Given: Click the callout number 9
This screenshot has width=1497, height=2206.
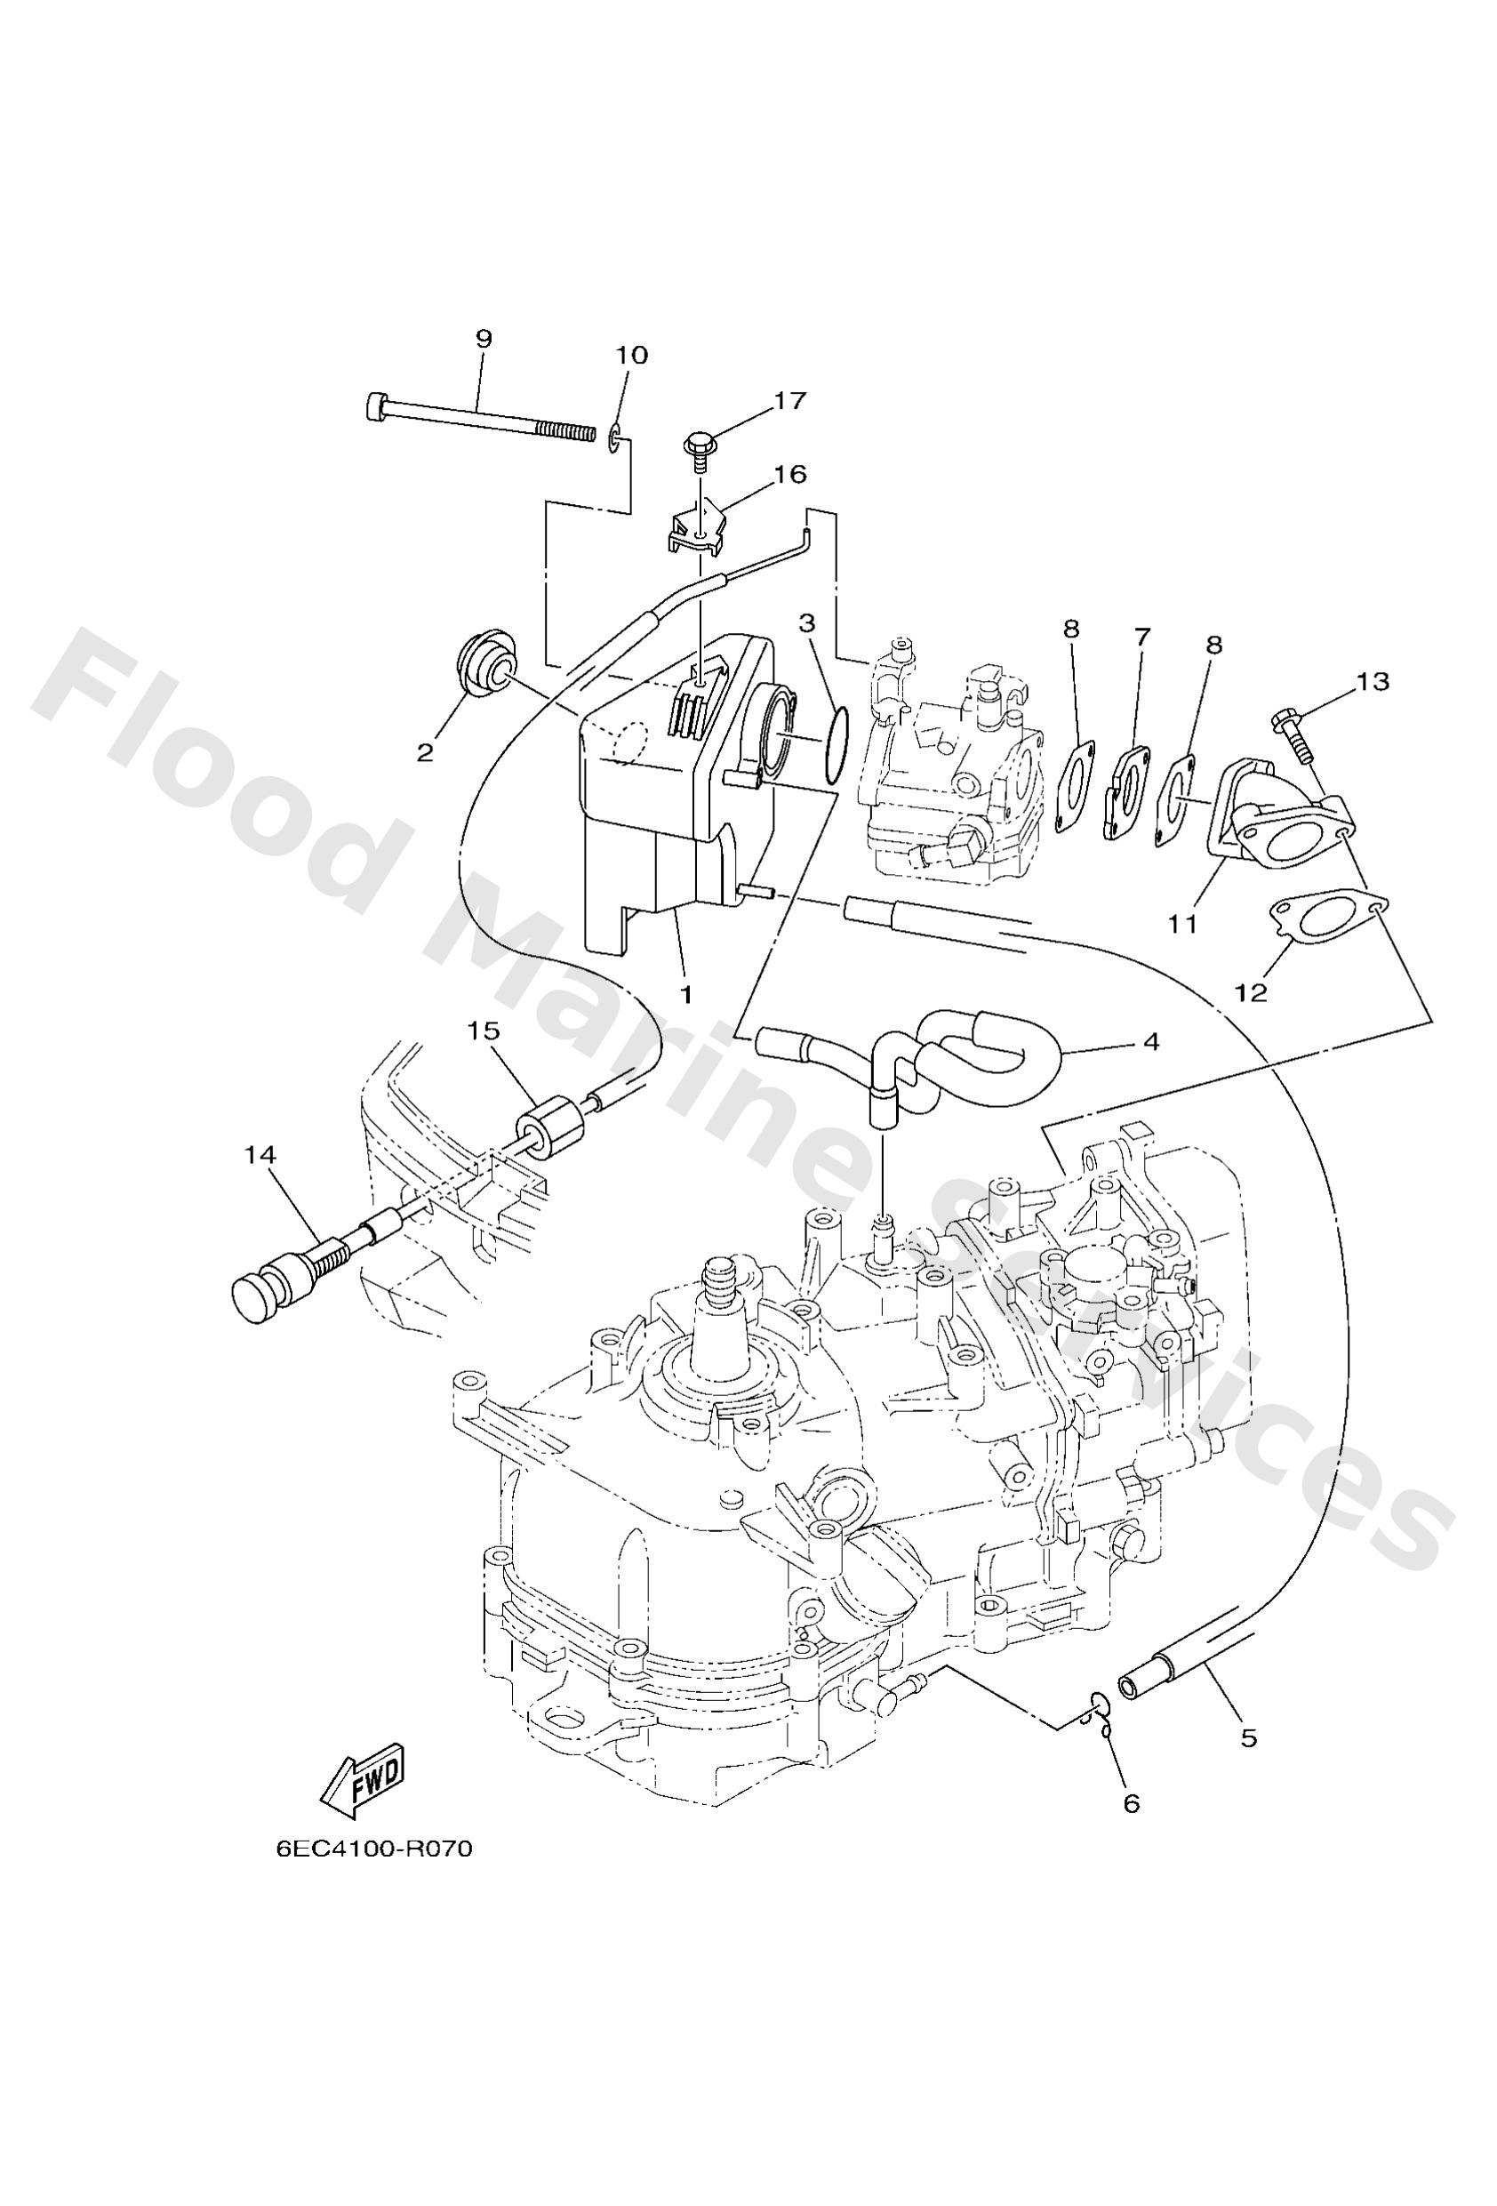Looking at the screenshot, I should [484, 339].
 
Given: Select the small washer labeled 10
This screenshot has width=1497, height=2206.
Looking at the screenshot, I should [616, 437].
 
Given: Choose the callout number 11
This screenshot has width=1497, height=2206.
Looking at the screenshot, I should [1181, 923].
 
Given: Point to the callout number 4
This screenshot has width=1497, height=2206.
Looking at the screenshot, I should [1150, 1041].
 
